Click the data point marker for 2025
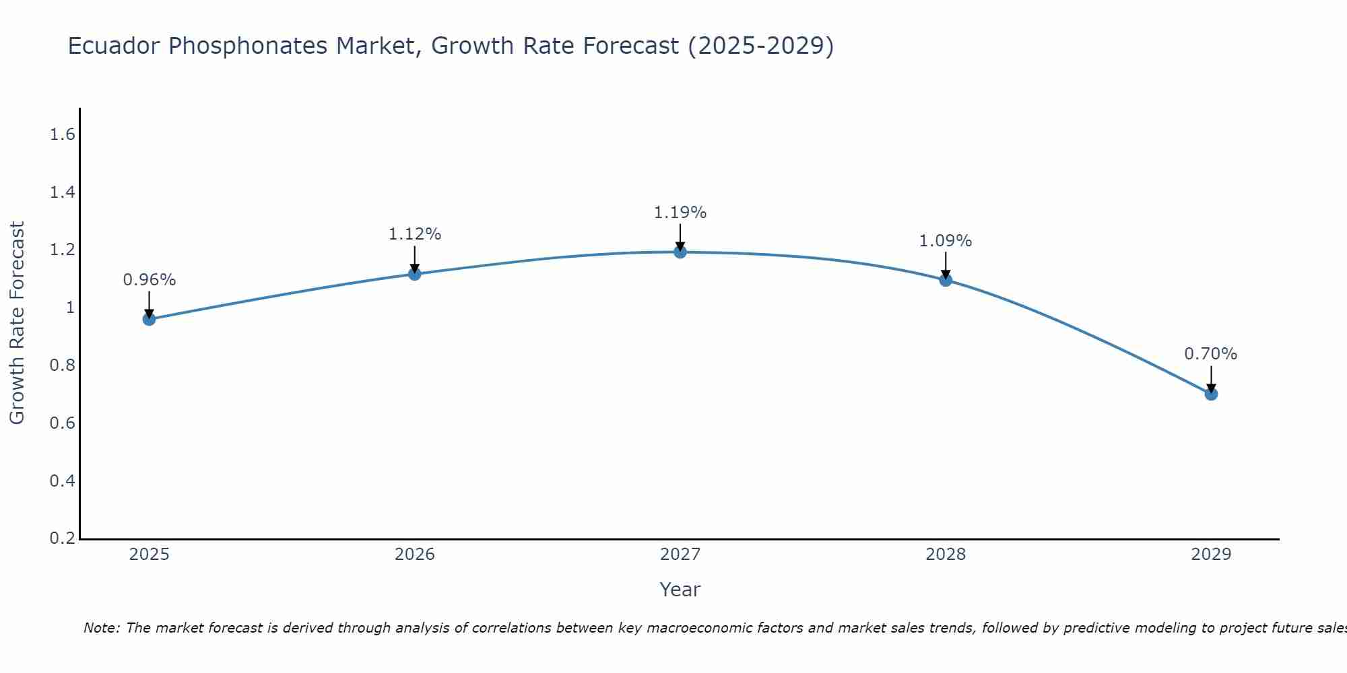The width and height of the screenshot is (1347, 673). point(149,319)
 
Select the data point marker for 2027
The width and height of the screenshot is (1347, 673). point(680,252)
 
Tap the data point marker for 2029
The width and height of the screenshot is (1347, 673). point(1211,394)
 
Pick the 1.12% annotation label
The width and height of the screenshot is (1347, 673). point(415,234)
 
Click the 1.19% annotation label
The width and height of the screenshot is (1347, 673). point(680,213)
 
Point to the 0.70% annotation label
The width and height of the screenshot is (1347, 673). point(1211,354)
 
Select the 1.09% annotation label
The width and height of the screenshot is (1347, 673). point(946,241)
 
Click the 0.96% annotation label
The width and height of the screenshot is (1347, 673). point(150,280)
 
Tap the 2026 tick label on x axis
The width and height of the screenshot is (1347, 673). point(415,555)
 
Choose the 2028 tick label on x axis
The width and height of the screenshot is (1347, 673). point(946,555)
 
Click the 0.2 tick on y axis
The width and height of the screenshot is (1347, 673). point(62,538)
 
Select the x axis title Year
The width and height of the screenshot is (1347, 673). point(680,590)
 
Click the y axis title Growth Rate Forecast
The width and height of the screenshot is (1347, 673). point(17,323)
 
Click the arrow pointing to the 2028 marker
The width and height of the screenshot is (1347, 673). point(946,265)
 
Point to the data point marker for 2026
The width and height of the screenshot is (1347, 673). point(415,274)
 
